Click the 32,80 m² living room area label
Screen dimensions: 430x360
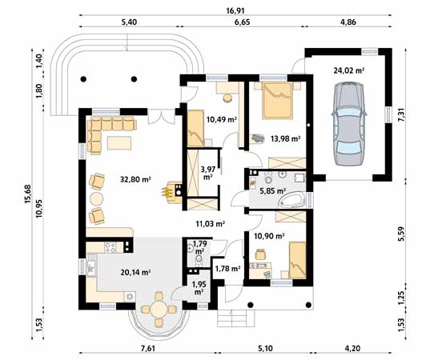pyautogui.click(x=135, y=180)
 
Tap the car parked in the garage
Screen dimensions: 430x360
pyautogui.click(x=349, y=124)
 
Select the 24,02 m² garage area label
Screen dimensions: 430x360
pyautogui.click(x=349, y=70)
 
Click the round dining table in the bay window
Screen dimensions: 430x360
pyautogui.click(x=159, y=309)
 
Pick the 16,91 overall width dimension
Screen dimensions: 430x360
pyautogui.click(x=235, y=10)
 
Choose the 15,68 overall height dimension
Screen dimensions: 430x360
pyautogui.click(x=27, y=194)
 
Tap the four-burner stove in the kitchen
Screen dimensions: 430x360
pyautogui.click(x=110, y=248)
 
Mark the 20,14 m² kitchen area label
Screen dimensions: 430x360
pyautogui.click(x=135, y=272)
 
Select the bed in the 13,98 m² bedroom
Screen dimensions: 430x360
pyautogui.click(x=277, y=101)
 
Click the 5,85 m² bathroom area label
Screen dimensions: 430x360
pyautogui.click(x=272, y=190)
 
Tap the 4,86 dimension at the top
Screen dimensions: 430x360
pyautogui.click(x=348, y=22)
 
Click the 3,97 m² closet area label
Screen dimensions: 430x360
pyautogui.click(x=208, y=173)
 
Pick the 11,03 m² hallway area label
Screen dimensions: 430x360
pyautogui.click(x=211, y=224)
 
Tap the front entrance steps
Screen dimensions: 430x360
pyautogui.click(x=236, y=318)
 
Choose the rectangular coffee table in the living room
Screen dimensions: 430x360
pyautogui.click(x=119, y=143)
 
